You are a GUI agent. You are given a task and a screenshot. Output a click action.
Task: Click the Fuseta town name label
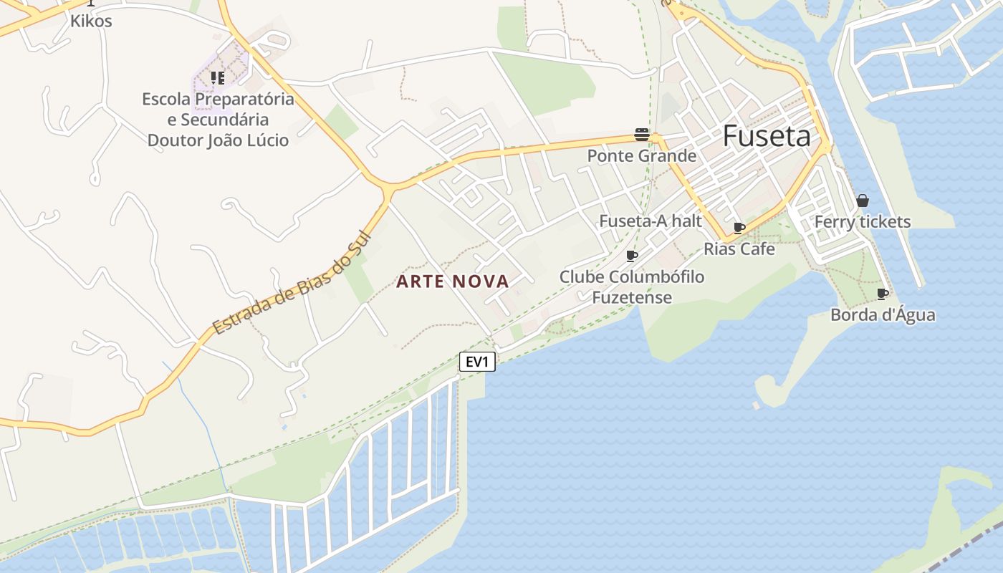(766, 135)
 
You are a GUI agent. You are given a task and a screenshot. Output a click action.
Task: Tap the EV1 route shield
(477, 362)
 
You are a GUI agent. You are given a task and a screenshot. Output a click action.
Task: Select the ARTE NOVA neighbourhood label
(453, 281)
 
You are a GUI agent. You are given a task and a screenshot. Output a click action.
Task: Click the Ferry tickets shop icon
(863, 201)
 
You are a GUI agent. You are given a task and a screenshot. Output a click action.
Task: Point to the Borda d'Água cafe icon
(883, 294)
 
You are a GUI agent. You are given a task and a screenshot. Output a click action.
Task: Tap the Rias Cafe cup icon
(739, 228)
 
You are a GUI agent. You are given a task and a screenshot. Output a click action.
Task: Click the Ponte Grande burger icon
(641, 134)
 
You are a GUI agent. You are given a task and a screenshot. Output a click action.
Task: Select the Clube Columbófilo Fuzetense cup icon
(631, 256)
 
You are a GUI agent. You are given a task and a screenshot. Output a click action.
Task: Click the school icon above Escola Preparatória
(217, 77)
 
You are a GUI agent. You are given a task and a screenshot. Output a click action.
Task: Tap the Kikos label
(91, 21)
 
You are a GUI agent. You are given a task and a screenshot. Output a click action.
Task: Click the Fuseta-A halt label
(651, 221)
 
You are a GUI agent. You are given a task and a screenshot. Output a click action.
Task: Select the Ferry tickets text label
(863, 222)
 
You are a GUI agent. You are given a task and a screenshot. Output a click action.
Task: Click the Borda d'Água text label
(883, 315)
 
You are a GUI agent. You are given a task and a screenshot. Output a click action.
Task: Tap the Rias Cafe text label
(739, 249)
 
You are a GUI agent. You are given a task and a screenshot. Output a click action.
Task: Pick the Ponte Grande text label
(641, 155)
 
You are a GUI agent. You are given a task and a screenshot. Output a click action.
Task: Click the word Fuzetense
(632, 297)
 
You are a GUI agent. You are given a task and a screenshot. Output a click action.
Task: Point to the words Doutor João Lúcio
(218, 140)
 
